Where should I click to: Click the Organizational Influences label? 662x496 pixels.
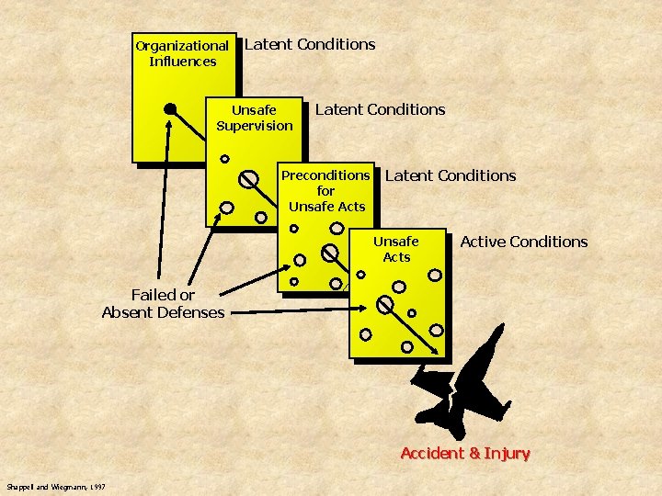(182, 53)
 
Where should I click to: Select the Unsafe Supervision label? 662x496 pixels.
(255, 118)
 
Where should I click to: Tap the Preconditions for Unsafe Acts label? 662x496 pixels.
(325, 190)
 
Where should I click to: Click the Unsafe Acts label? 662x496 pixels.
(396, 249)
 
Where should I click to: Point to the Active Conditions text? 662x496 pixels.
(523, 242)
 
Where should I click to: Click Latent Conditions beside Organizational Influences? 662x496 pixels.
(310, 44)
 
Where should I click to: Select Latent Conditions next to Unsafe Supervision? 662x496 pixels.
(380, 109)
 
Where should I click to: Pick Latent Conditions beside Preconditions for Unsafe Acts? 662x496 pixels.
(451, 175)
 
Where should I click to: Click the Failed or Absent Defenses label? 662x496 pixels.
(163, 303)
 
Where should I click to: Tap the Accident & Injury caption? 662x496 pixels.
(465, 453)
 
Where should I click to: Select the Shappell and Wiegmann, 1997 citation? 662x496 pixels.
(55, 486)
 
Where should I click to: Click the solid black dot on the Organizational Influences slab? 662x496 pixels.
(170, 109)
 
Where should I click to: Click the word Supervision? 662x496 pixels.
(255, 126)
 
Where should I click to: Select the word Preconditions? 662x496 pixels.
(325, 175)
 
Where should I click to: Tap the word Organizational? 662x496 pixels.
(182, 45)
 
